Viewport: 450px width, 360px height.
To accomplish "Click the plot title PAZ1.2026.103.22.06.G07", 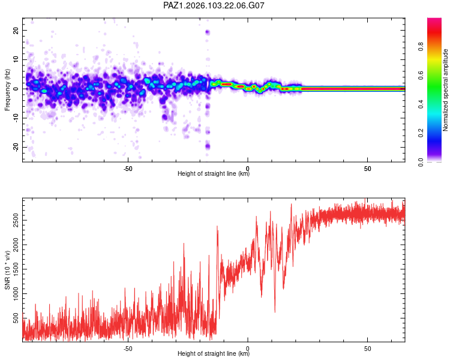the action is pos(214,5).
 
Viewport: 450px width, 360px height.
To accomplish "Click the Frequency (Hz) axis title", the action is pos(7,90).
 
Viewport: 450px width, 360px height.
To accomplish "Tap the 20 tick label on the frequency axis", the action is pos(16,30).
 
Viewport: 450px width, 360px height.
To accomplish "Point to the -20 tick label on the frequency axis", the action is pos(16,147).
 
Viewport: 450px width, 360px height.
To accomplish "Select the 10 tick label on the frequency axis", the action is pos(16,59).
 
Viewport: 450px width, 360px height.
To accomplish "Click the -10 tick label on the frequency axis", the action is pos(16,118).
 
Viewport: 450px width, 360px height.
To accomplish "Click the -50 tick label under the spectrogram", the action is pos(128,169).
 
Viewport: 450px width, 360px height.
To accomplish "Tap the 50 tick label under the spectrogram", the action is pos(368,169).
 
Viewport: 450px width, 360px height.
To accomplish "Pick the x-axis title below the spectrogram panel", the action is pos(214,173).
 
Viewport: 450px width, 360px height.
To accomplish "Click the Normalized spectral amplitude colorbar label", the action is pos(445,90).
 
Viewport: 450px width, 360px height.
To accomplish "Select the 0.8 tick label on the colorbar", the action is pos(421,47).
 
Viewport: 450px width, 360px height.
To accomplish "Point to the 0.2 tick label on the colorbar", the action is pos(421,133).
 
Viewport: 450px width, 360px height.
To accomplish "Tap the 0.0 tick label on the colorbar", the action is pos(421,162).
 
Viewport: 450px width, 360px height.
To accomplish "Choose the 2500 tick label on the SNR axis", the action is pos(16,220).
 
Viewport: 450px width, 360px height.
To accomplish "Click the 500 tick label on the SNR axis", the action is pos(16,318).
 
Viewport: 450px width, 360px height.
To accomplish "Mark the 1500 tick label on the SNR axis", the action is pos(16,269).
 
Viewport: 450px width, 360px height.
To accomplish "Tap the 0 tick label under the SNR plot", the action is pos(248,349).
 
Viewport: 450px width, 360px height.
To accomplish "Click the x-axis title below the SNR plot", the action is pos(214,353).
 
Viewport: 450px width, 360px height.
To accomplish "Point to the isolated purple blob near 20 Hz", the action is pos(207,32).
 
